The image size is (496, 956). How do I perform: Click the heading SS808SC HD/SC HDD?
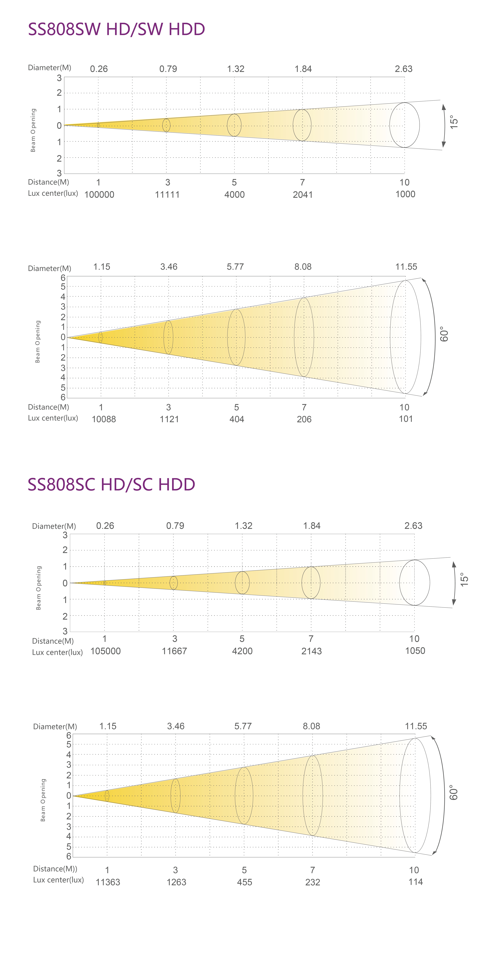click(x=111, y=484)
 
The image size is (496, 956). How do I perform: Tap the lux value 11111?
click(x=167, y=195)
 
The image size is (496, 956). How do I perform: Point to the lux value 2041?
click(x=303, y=195)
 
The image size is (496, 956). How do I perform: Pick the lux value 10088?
click(x=104, y=419)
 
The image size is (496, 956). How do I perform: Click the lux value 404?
click(x=237, y=419)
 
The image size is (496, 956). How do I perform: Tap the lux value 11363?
click(x=108, y=882)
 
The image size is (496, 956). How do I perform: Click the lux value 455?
click(x=244, y=882)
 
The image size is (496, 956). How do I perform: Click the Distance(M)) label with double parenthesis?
click(x=55, y=869)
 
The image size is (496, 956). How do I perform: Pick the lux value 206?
click(x=304, y=419)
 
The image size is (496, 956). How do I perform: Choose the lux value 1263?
click(x=176, y=882)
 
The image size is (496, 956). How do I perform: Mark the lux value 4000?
click(x=234, y=195)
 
